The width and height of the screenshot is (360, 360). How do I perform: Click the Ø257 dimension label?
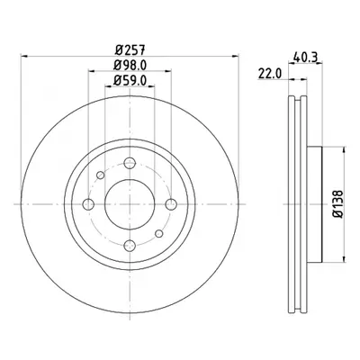130,49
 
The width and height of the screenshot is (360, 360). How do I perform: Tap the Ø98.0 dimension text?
130,65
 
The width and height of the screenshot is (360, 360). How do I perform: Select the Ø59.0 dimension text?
130,80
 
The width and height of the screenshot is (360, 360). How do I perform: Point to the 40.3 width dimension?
306,57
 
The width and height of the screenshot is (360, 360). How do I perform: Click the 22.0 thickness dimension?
270,74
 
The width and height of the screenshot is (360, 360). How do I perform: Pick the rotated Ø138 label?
339,203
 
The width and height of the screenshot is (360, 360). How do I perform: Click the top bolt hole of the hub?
130,163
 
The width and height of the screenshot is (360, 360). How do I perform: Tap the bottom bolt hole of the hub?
130,246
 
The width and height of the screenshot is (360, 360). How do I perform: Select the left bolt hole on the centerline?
88,204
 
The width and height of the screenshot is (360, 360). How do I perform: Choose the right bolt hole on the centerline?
171,204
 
